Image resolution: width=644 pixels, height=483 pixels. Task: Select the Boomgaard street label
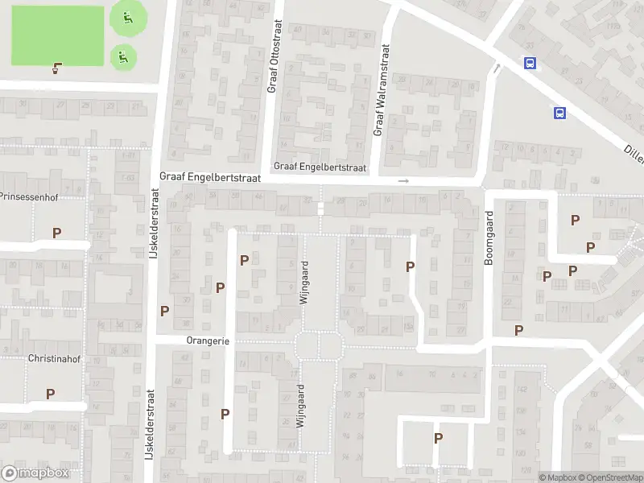(x=488, y=238)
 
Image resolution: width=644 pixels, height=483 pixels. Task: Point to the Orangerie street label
(x=208, y=341)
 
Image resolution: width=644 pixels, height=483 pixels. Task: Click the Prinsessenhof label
(x=31, y=196)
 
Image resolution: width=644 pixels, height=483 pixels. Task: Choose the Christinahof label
(x=54, y=357)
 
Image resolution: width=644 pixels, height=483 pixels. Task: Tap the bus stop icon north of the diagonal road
(x=530, y=63)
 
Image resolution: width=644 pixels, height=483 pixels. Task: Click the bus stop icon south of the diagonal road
(x=559, y=113)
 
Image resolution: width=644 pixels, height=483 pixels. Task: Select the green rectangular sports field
(x=57, y=36)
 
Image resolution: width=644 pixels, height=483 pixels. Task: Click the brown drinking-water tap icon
(x=56, y=67)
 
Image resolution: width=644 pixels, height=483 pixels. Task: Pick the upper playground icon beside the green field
(x=126, y=17)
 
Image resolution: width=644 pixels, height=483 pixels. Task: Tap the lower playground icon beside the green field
(x=122, y=56)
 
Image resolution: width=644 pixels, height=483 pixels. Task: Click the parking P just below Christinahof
(x=50, y=394)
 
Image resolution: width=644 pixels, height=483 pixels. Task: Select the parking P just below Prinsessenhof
(x=56, y=233)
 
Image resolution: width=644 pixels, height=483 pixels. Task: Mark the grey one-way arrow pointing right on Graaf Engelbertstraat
(x=403, y=181)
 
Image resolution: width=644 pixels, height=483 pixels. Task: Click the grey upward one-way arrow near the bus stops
(x=497, y=69)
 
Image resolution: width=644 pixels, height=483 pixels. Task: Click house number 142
(x=521, y=390)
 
